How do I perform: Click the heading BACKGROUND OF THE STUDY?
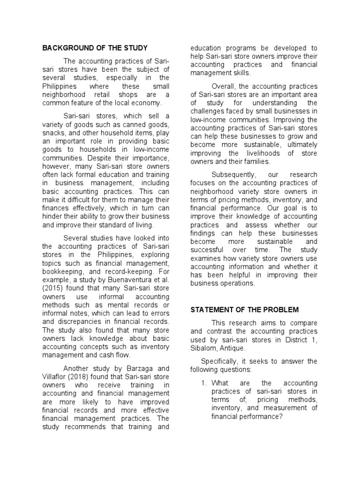point(95,48)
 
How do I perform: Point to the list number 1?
point(204,382)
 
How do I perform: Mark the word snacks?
point(55,133)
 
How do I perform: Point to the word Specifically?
point(222,361)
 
